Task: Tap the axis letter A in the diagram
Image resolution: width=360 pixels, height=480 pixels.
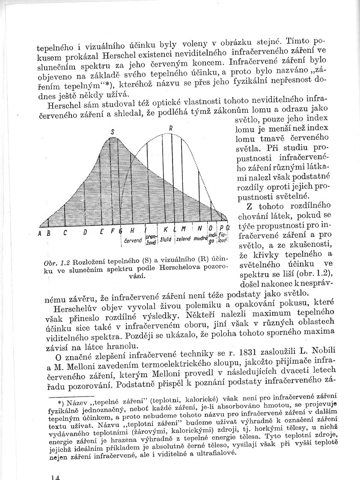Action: pos(39,233)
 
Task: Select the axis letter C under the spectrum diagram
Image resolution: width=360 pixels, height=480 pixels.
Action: pos(65,233)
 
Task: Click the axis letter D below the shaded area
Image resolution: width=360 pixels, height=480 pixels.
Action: pos(85,233)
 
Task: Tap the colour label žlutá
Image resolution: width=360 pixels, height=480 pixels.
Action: pos(167,240)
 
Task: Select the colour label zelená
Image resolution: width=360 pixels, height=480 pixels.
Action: pos(184,240)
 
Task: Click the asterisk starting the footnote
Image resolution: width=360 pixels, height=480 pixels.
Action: pos(60,403)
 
